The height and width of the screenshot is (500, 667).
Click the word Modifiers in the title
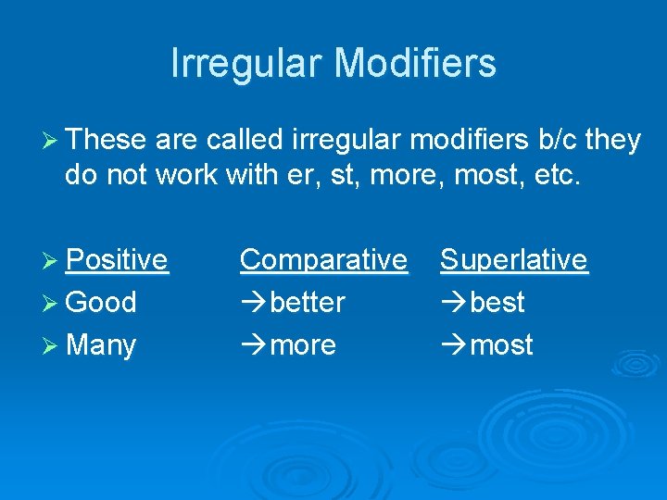click(415, 63)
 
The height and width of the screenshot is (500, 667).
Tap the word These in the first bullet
click(107, 140)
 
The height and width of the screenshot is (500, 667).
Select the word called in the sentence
click(245, 140)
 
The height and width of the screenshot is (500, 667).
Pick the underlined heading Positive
click(118, 260)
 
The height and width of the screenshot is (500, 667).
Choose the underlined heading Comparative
click(323, 260)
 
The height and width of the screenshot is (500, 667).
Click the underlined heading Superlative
click(514, 260)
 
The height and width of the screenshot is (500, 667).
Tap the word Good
click(102, 303)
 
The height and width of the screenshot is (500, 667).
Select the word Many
click(102, 345)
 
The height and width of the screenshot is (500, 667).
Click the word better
click(308, 303)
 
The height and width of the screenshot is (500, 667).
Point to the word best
click(497, 303)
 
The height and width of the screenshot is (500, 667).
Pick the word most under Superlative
click(501, 345)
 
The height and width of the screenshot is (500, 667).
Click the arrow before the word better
click(253, 303)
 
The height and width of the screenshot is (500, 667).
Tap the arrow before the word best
click(454, 303)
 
